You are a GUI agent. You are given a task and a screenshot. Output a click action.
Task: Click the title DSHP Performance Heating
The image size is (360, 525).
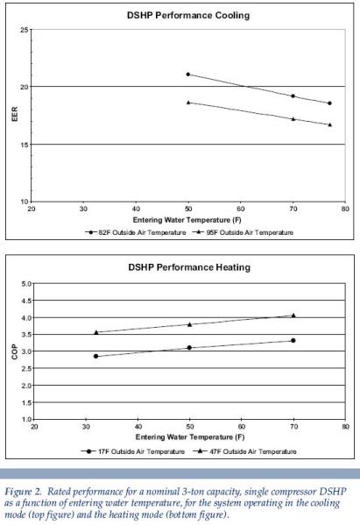click(188, 266)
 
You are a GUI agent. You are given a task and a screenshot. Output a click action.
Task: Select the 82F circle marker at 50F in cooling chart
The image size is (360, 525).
click(188, 74)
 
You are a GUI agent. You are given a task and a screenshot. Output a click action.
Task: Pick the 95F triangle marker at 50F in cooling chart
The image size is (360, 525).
click(188, 103)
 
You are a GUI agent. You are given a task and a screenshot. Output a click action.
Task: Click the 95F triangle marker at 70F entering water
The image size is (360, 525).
click(293, 118)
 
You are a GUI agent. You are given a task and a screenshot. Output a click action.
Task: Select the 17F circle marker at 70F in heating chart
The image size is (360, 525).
click(293, 340)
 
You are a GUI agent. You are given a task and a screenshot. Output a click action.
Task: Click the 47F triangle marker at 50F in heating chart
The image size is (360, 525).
click(189, 324)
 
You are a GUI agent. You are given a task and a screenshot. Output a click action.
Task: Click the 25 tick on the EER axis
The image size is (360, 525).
click(25, 31)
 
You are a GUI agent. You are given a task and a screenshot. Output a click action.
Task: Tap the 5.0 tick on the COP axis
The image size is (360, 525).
click(25, 284)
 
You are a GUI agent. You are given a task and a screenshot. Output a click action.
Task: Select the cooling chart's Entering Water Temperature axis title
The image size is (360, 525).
click(188, 220)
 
